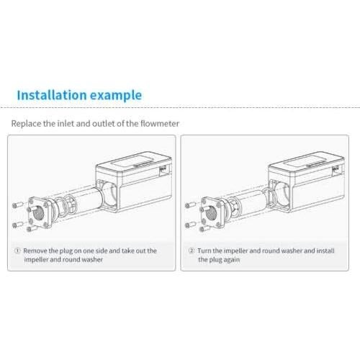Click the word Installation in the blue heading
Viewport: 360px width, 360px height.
coord(50,95)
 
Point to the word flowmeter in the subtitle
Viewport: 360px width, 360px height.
coord(157,123)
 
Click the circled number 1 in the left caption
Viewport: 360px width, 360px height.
coord(17,251)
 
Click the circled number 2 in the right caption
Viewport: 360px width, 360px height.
coord(192,251)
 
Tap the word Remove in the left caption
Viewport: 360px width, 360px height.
coord(36,251)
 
